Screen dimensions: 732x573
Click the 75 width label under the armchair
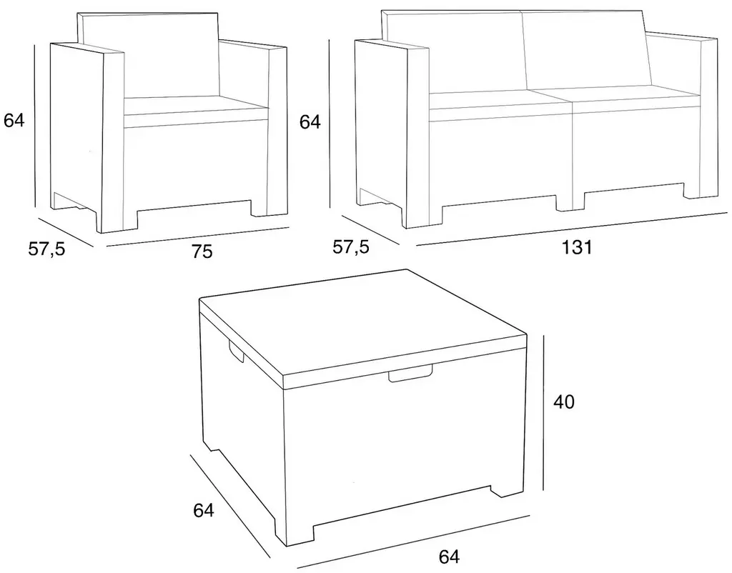click(202, 251)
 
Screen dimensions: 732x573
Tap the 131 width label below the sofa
click(576, 247)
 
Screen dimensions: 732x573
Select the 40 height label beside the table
click(564, 402)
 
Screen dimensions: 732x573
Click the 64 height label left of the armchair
click(14, 120)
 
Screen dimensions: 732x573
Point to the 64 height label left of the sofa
click(310, 121)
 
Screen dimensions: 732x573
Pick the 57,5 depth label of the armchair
click(46, 249)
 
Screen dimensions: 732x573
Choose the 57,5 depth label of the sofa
click(350, 246)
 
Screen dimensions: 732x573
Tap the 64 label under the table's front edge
click(449, 557)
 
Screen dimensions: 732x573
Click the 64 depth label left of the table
click(204, 510)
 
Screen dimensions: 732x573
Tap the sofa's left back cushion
click(455, 54)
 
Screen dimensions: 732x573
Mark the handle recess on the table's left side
click(236, 350)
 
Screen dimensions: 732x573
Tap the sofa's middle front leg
click(569, 201)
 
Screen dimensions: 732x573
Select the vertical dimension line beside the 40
click(543, 412)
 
